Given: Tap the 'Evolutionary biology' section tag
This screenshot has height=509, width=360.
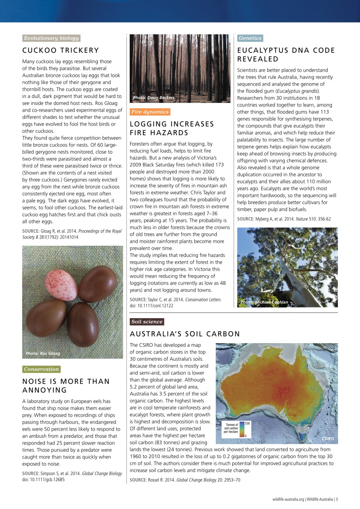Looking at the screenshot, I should click(x=51, y=38).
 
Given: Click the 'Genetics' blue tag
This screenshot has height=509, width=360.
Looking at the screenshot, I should click(x=250, y=38).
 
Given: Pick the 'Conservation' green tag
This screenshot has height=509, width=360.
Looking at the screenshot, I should click(x=41, y=369).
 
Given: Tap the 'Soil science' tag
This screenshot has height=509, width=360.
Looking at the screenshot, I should click(x=147, y=322).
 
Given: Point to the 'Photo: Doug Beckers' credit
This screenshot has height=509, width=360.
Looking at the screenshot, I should click(x=154, y=97).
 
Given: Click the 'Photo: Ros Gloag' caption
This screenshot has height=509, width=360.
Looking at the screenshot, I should click(x=43, y=353).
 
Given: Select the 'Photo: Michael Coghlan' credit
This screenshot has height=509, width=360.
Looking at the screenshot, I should click(x=264, y=302).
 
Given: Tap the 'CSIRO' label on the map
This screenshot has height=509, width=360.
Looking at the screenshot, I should click(x=329, y=438).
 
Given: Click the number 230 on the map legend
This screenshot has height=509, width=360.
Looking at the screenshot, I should click(x=247, y=423).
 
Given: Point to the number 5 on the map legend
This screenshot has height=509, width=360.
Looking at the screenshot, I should click(x=245, y=436).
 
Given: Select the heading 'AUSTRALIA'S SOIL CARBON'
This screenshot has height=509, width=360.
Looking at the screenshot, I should click(x=185, y=334).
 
